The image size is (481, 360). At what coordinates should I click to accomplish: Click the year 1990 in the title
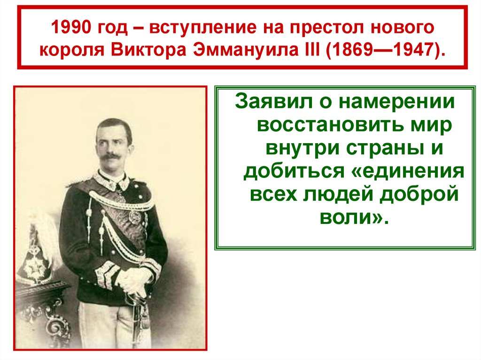pos(71,27)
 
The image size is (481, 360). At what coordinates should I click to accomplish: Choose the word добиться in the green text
pos(294,170)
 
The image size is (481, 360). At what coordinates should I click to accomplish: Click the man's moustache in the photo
pos(111,156)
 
